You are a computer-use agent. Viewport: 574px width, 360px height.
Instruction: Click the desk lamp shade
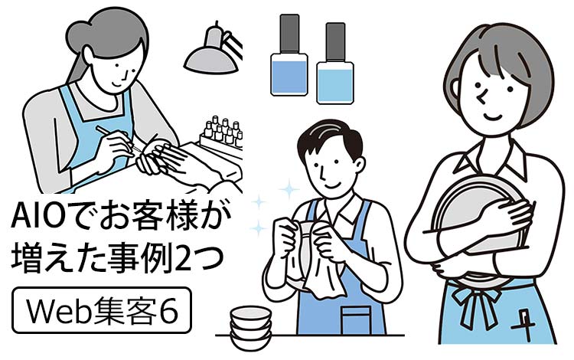(x=211, y=60)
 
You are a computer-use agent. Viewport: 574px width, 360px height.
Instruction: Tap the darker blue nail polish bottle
(x=289, y=55)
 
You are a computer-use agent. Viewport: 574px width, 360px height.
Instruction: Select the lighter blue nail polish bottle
(x=335, y=64)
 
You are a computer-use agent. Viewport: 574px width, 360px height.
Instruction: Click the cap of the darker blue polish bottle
(x=289, y=34)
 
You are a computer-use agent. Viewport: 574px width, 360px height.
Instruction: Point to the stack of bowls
(x=251, y=327)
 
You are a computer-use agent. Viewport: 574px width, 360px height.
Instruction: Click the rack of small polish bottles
(x=221, y=136)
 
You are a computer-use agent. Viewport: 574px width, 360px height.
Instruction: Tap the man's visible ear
(x=360, y=165)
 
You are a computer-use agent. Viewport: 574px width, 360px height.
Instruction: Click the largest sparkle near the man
(x=289, y=189)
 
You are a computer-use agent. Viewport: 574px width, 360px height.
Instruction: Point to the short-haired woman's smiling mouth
(x=492, y=117)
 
